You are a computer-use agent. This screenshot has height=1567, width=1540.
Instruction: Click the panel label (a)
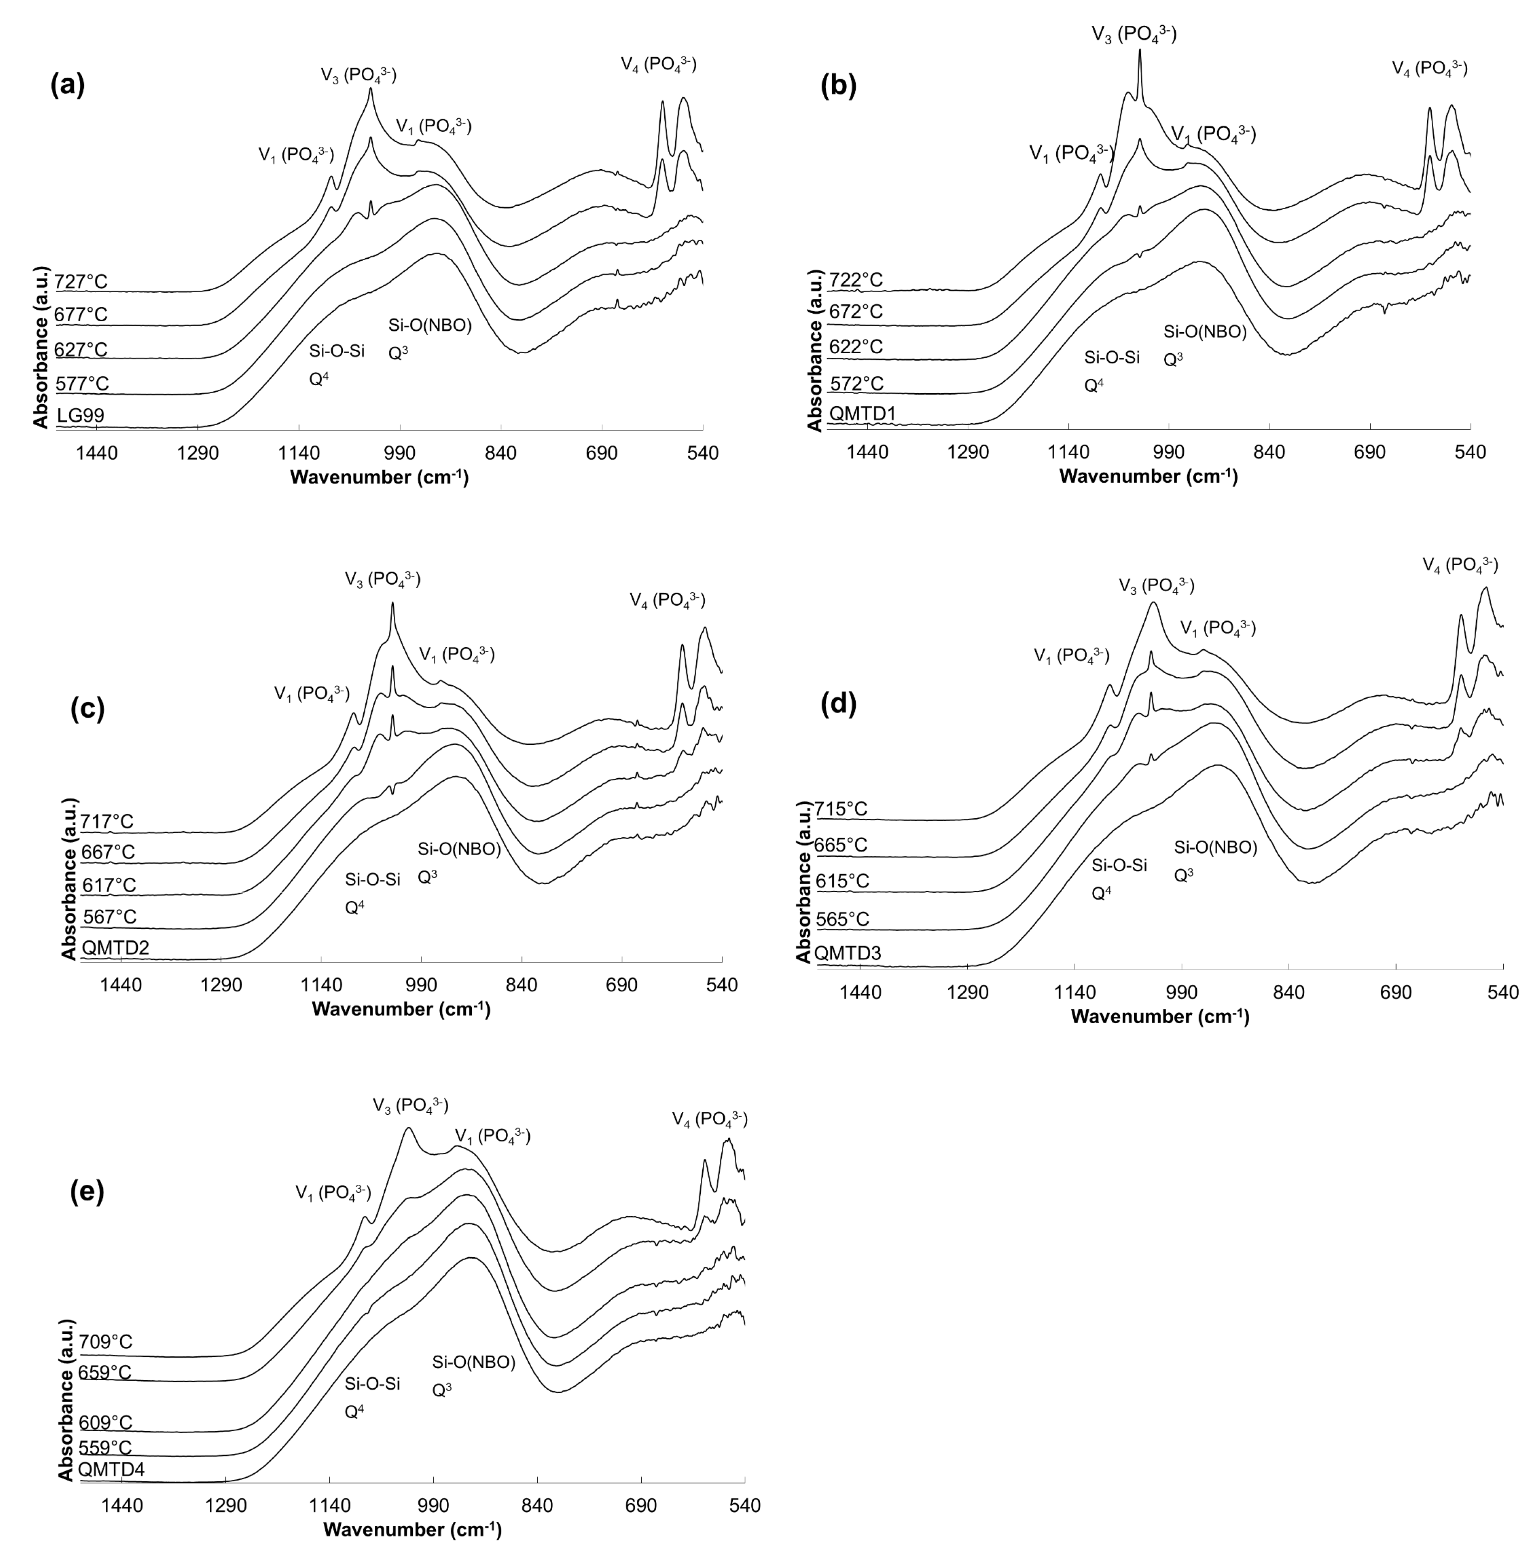point(67,84)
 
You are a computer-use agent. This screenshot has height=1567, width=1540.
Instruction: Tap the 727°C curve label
point(81,281)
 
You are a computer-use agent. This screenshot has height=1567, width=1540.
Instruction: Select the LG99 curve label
point(80,416)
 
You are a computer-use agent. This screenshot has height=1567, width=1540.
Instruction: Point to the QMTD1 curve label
point(862,414)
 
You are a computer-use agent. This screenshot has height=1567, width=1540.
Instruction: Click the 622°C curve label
point(856,346)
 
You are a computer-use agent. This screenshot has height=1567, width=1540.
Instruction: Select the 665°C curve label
point(841,845)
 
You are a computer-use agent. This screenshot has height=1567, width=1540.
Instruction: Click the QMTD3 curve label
point(848,953)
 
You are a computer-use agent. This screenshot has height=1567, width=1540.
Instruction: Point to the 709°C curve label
point(106,1342)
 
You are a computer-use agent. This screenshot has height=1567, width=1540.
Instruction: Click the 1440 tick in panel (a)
point(97,453)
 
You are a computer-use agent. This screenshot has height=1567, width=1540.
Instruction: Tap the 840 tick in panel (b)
point(1268,452)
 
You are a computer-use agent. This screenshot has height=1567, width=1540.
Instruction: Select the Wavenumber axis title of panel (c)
point(400,1008)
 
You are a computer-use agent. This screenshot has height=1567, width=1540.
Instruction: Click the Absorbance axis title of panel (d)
point(803,881)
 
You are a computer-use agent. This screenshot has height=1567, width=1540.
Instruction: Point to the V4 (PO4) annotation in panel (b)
point(1429,69)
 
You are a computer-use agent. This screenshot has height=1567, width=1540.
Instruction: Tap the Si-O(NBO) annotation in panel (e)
point(473,1362)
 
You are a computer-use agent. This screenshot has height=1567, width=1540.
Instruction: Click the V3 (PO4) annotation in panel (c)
point(382,579)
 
